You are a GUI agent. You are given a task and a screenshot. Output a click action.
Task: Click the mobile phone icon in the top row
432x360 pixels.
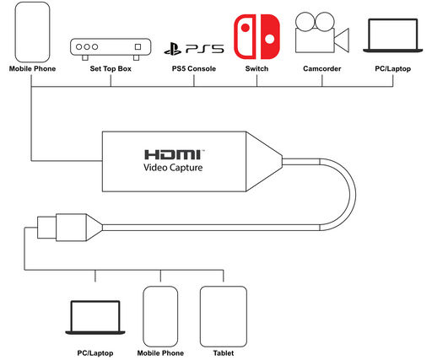click(32, 32)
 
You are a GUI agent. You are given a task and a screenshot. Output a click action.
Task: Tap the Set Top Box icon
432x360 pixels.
click(111, 49)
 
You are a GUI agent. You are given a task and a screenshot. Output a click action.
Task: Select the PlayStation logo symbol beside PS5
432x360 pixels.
click(173, 49)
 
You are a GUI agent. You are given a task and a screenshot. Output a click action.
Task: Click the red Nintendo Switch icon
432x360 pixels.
click(256, 37)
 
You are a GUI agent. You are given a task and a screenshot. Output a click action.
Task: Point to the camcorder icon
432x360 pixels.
click(322, 32)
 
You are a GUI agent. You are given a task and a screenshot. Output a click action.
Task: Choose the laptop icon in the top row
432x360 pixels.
click(392, 35)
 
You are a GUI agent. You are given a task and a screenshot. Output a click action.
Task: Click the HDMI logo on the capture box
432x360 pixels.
click(173, 154)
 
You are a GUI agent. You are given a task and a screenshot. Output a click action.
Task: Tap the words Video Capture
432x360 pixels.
click(173, 168)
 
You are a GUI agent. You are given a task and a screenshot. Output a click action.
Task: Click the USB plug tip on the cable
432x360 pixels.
click(46, 228)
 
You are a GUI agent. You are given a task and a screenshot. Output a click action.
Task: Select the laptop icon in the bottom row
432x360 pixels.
click(95, 318)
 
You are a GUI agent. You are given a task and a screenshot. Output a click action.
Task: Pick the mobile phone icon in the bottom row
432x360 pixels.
click(160, 316)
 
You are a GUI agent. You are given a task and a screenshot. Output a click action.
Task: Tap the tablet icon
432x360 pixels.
click(224, 316)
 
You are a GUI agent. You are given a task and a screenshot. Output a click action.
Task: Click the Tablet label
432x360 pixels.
click(224, 353)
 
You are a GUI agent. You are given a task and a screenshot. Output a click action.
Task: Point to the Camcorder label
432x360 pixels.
click(322, 68)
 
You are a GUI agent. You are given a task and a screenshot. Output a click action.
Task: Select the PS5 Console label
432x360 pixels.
click(194, 68)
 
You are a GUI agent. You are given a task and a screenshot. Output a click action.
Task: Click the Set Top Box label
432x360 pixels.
click(111, 68)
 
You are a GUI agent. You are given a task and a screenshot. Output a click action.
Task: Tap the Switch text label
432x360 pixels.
click(256, 68)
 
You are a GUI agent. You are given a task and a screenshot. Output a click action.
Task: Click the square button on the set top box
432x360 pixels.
click(138, 46)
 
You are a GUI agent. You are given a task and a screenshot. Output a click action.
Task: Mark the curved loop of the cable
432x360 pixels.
click(353, 195)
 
